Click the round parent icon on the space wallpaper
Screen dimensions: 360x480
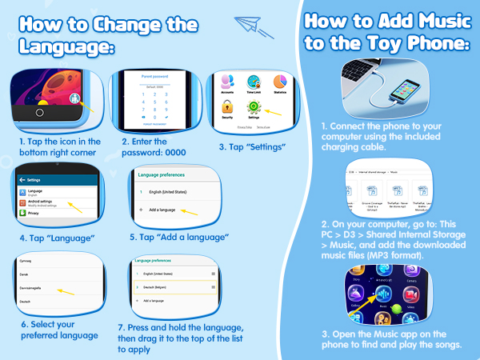pyautogui.click(x=75, y=99)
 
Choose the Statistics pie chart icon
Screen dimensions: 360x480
pyautogui.click(x=280, y=82)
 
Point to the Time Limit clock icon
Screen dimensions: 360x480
pyautogui.click(x=254, y=82)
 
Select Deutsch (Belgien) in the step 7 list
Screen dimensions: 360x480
pyautogui.click(x=164, y=286)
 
